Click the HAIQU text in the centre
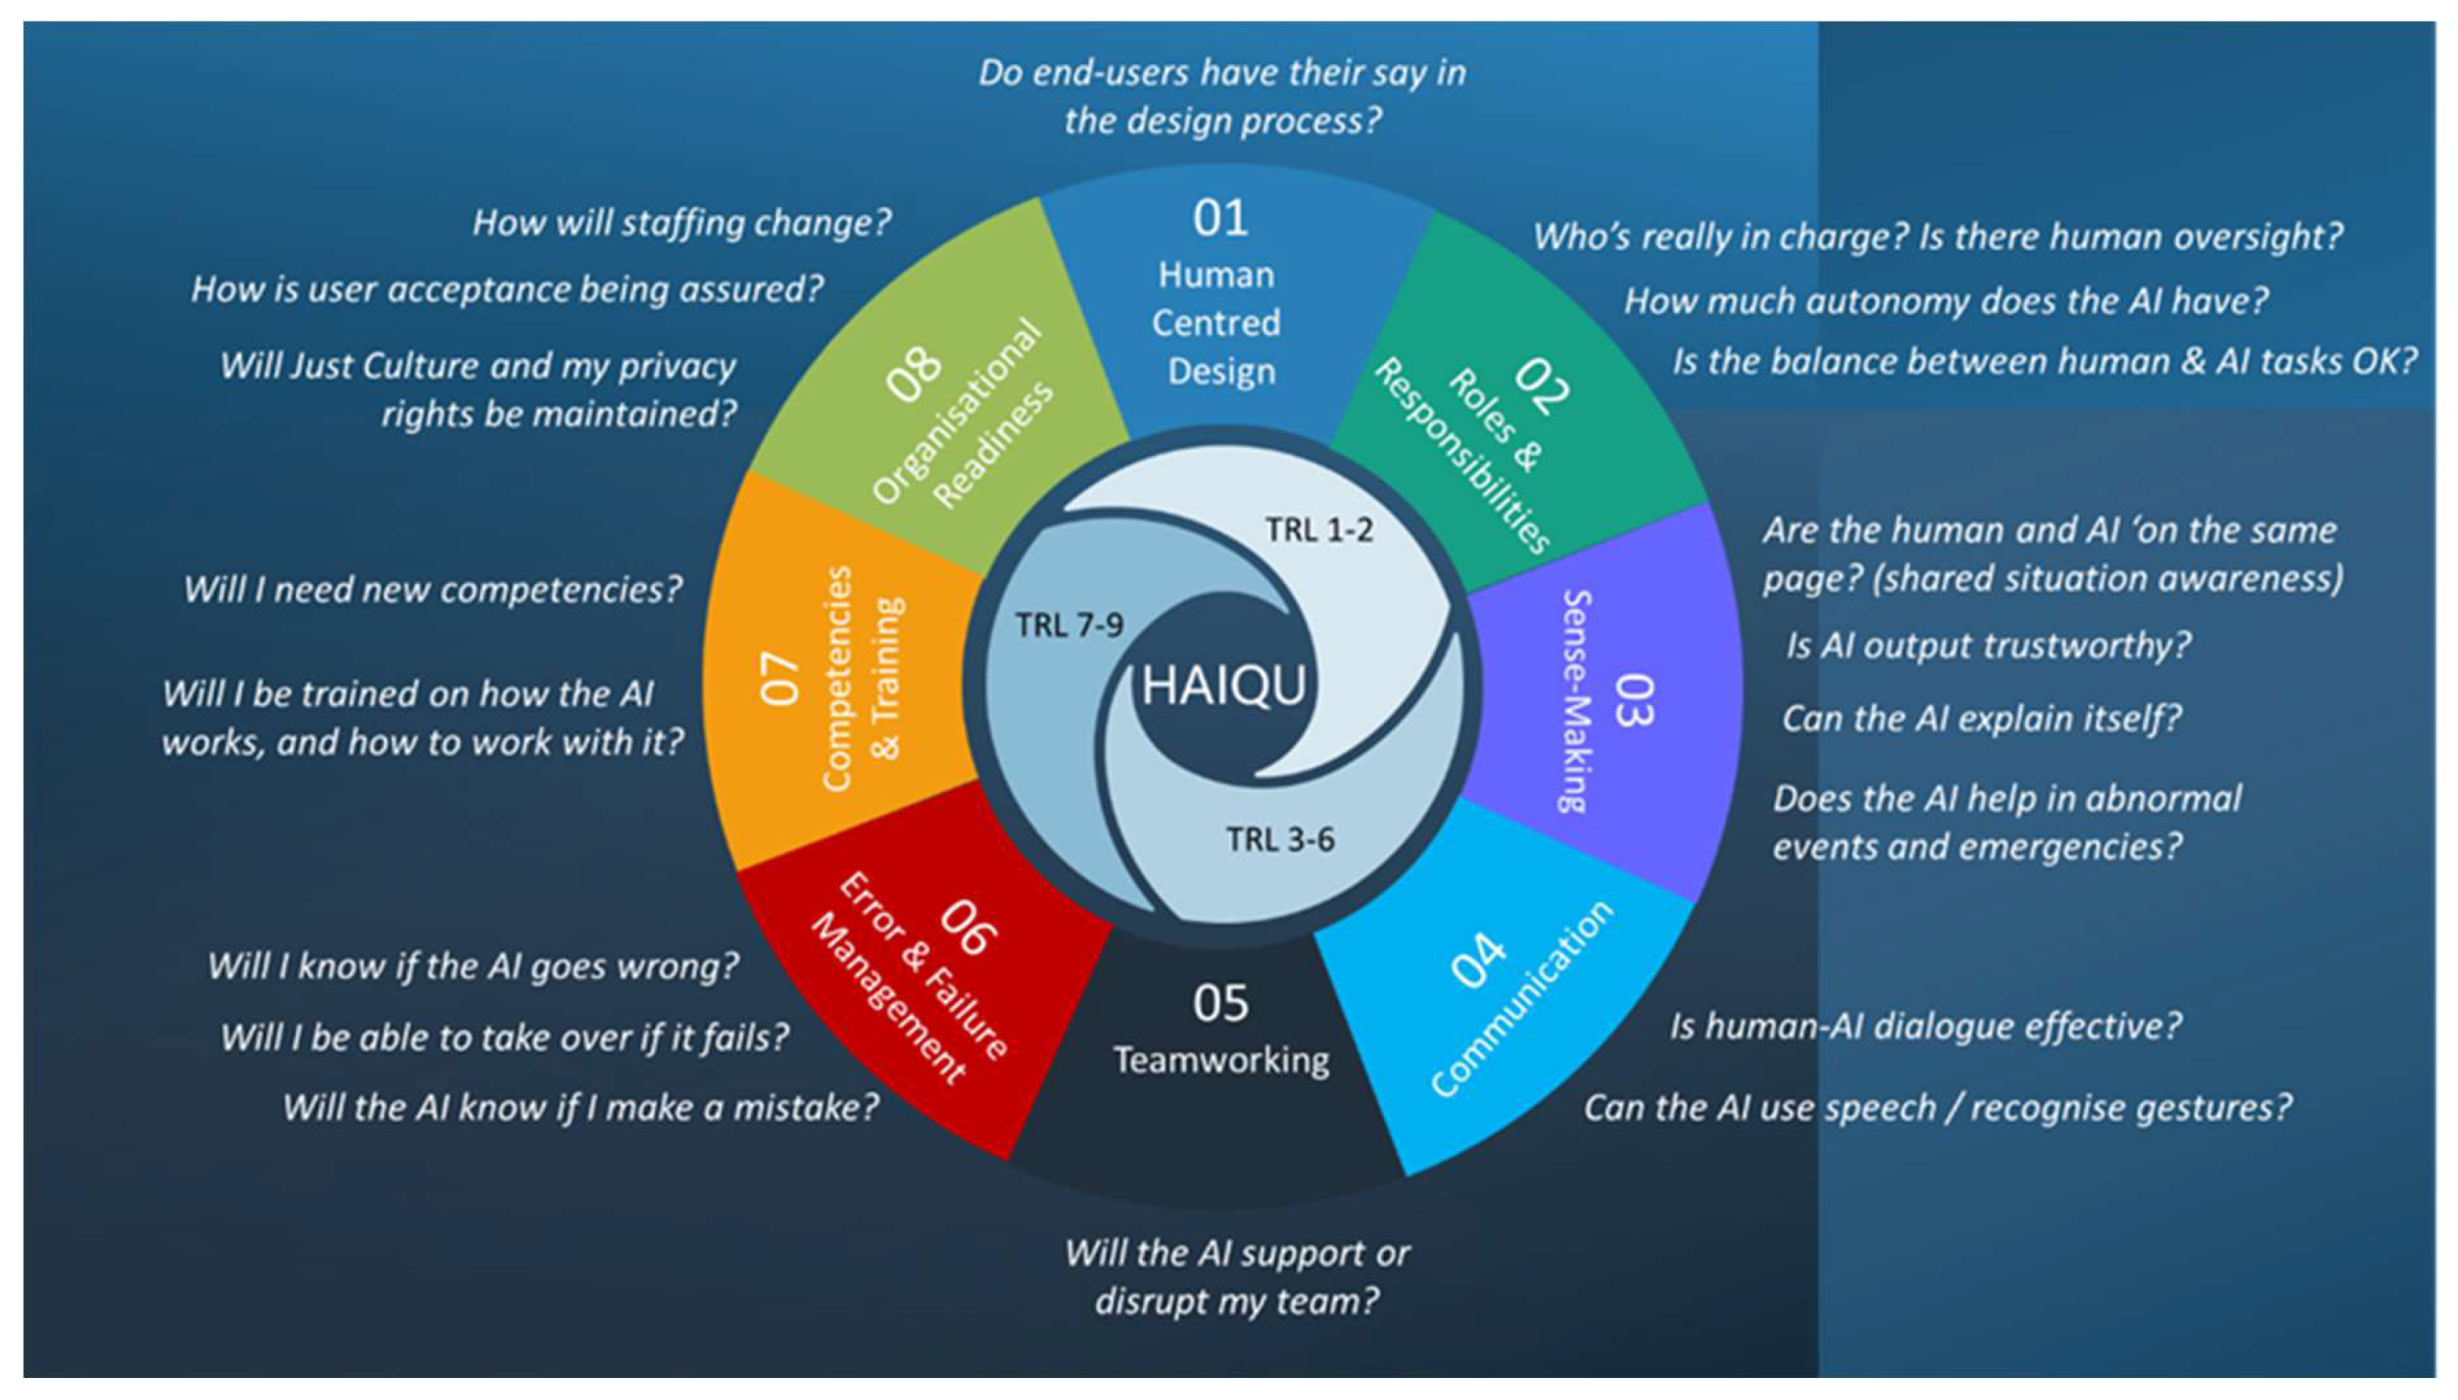[1223, 686]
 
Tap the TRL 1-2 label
[1318, 530]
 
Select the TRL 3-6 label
[1280, 840]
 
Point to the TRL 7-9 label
[1069, 626]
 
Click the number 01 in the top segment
[1220, 218]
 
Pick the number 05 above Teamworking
[1220, 1003]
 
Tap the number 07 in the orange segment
[781, 679]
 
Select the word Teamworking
[1221, 1060]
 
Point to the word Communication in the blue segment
[1521, 1000]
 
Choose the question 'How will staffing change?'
[682, 223]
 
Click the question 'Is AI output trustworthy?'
[1988, 645]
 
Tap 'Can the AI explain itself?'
[1982, 718]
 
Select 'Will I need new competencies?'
[433, 590]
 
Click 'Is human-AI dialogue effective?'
[1925, 1026]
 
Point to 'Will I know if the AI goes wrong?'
[473, 966]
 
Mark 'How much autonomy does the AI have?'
[1946, 301]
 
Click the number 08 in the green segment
[915, 374]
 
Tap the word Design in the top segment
[1221, 373]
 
